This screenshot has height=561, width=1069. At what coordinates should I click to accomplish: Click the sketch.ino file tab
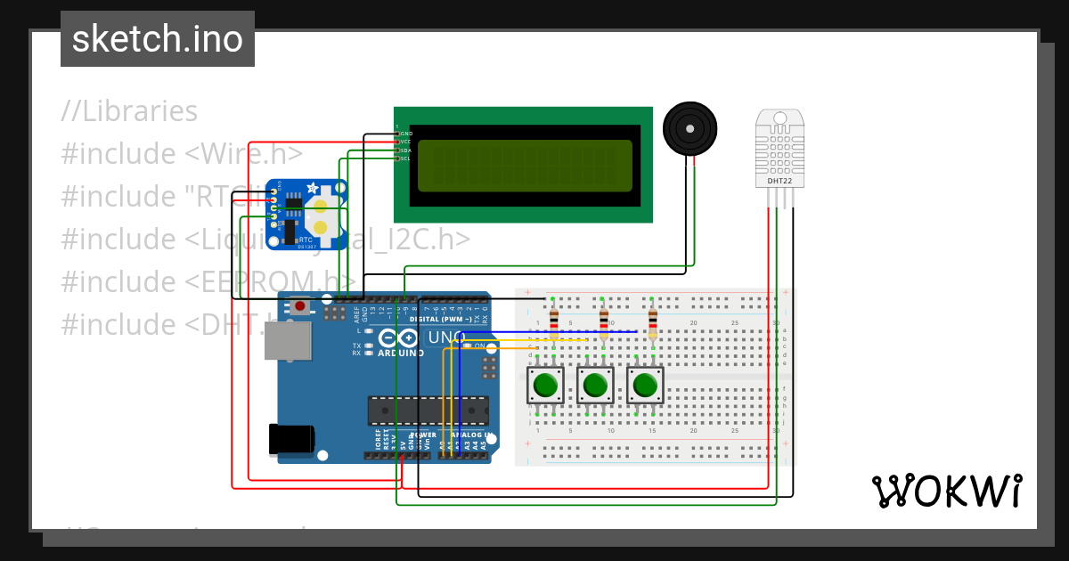158,39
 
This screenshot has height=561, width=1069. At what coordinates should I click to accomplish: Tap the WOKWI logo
946,491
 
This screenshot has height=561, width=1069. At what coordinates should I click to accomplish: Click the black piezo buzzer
690,128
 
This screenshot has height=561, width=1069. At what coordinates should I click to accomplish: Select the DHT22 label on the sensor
779,182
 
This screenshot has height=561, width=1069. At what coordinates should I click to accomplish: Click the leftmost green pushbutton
544,386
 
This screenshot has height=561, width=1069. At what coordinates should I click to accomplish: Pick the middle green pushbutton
594,386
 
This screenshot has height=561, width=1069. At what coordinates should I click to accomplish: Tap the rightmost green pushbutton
644,386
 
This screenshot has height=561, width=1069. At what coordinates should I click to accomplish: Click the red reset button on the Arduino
300,306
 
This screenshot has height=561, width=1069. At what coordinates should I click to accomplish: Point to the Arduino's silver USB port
288,341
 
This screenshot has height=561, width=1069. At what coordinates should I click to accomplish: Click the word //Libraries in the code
129,111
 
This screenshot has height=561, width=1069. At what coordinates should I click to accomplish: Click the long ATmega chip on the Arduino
428,411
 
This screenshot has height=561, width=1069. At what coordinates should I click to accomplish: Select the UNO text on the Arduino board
446,338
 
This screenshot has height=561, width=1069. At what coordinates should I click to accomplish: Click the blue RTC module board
305,214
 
